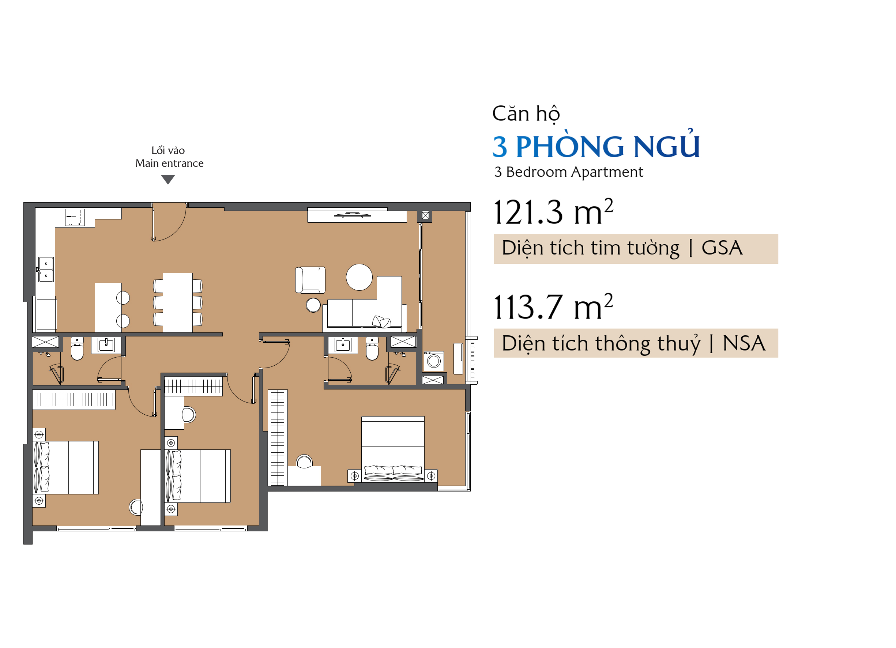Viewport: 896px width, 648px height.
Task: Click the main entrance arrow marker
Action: pos(168,180)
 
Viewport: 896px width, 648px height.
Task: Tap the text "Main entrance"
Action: pos(169,163)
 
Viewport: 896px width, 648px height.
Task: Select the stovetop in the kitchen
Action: pos(75,218)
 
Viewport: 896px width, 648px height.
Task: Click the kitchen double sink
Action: pos(46,270)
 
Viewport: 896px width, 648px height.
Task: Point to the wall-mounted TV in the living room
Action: pos(353,215)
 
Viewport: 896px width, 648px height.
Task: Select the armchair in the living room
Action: pos(310,280)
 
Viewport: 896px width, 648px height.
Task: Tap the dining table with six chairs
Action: pos(178,303)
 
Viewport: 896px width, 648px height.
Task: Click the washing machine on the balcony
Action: pos(434,360)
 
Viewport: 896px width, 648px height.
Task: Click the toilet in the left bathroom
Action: pos(77,349)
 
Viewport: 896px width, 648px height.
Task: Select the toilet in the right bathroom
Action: pos(372,349)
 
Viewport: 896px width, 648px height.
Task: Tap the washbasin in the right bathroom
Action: pos(343,345)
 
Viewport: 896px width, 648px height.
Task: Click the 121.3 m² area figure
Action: pos(553,212)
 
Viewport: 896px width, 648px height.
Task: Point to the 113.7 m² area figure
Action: pos(553,307)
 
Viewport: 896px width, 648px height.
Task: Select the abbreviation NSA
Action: pos(744,343)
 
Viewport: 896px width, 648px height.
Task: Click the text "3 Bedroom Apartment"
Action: pos(568,172)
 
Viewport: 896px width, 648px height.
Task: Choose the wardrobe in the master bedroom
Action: pos(278,438)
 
